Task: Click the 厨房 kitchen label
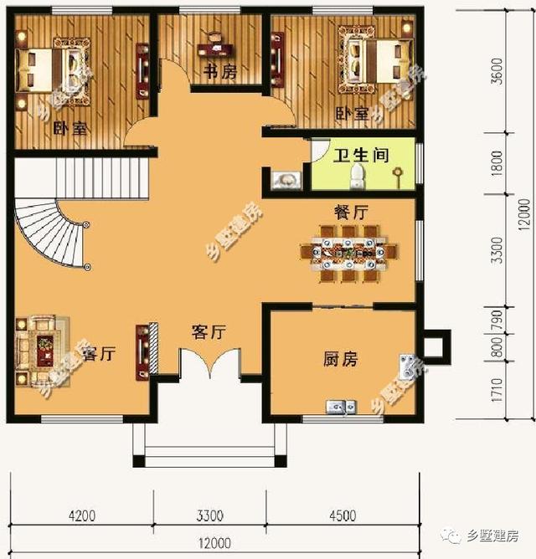tap(340, 360)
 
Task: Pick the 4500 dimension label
tap(342, 515)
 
